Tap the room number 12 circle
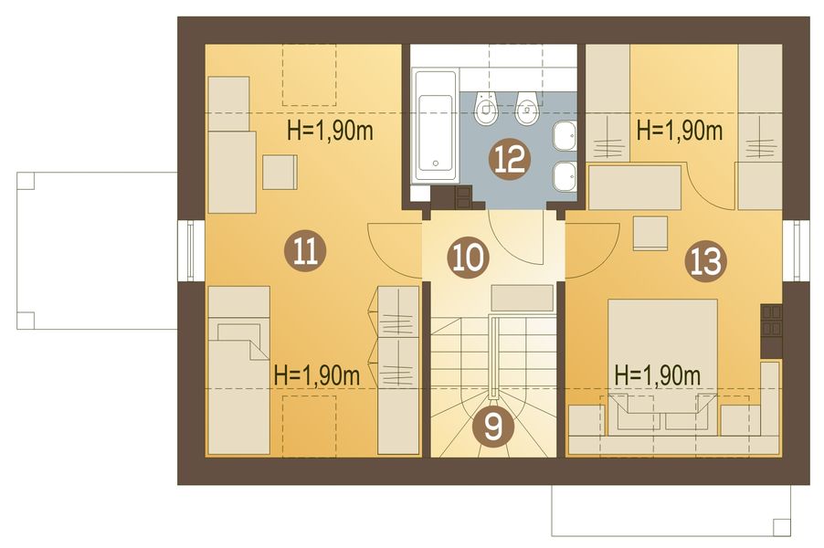coord(509,159)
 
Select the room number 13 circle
coord(706,261)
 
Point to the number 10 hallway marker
coord(469,258)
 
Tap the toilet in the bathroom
coord(486,109)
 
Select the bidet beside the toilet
coord(526,109)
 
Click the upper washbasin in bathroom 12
coord(565,134)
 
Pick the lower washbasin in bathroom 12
coord(565,177)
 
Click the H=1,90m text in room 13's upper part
coord(680,131)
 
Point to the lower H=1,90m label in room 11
coord(317,375)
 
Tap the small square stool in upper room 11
coord(280,172)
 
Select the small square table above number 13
coord(650,233)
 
